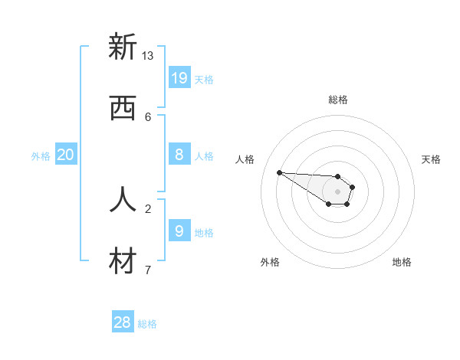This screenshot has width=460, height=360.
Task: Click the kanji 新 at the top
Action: point(123,47)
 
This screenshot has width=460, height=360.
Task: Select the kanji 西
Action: point(123,108)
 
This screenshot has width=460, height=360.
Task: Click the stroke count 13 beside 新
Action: point(147,56)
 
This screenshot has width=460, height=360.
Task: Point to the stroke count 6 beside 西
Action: point(148,117)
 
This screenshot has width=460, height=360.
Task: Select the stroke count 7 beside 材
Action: point(148,270)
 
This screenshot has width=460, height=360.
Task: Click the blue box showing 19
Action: point(179,77)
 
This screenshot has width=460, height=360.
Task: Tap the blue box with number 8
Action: point(179,155)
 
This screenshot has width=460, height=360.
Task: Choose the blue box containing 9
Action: point(179,231)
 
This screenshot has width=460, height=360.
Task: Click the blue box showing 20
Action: point(65,155)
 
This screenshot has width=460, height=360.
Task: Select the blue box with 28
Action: point(122,322)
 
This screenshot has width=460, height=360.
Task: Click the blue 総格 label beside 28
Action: point(147,324)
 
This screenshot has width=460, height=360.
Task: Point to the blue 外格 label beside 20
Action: point(41,156)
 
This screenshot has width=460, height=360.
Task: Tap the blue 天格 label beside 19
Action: point(203,79)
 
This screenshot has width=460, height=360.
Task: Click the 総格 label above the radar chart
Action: point(337,100)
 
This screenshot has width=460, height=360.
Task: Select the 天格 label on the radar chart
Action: point(431,159)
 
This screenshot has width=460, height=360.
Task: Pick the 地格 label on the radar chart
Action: point(402,262)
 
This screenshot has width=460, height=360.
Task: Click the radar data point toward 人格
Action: point(279,172)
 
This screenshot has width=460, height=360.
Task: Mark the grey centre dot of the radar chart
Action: point(337,191)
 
